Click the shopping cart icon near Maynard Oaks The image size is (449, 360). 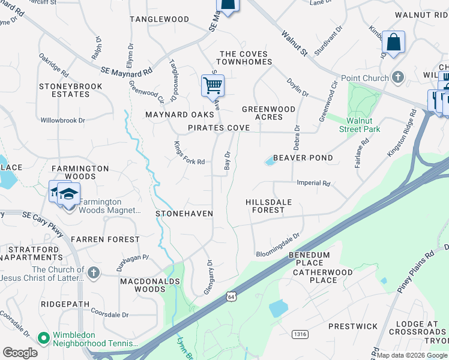(212, 86)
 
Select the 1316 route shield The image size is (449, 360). (300, 333)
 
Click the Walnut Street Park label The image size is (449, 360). (360, 125)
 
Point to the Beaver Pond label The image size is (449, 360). (303, 158)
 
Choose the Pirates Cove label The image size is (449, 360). (218, 128)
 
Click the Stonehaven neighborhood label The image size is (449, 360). (184, 213)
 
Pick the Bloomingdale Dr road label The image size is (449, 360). (277, 245)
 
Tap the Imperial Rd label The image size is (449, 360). (313, 184)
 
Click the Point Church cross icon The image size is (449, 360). (397, 77)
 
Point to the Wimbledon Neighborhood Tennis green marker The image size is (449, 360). (43, 338)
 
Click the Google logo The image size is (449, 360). (20, 353)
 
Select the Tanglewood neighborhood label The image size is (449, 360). (160, 19)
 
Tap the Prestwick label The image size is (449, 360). (353, 327)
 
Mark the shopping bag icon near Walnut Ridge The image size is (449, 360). (393, 43)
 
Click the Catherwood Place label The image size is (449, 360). (315, 276)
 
